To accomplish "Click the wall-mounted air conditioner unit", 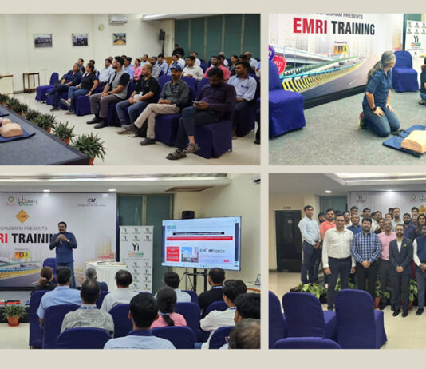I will (x=118, y=19).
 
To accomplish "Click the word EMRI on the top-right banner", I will (x=311, y=25).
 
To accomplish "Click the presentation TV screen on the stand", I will (x=201, y=243).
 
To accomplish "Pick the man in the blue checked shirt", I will (x=366, y=254).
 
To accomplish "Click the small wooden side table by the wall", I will (x=30, y=81).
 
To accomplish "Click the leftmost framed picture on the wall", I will (x=42, y=40).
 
